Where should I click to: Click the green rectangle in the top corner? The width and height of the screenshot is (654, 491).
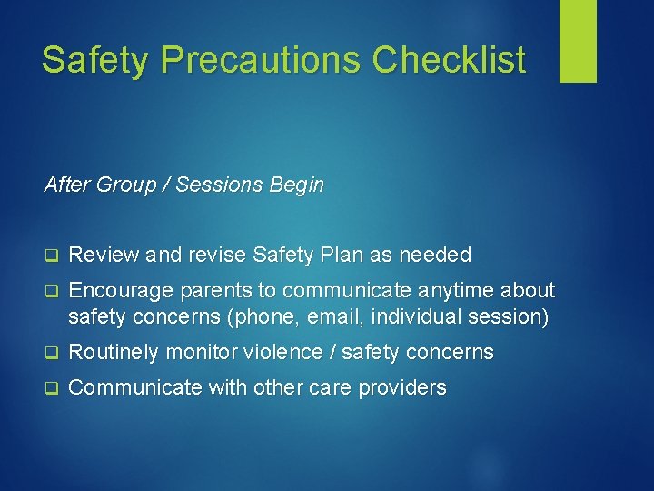coord(578,41)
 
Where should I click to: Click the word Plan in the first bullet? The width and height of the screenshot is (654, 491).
coord(342,255)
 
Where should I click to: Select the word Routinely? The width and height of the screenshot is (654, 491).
coord(113,352)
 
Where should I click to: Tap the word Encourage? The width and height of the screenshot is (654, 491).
coord(115,290)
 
